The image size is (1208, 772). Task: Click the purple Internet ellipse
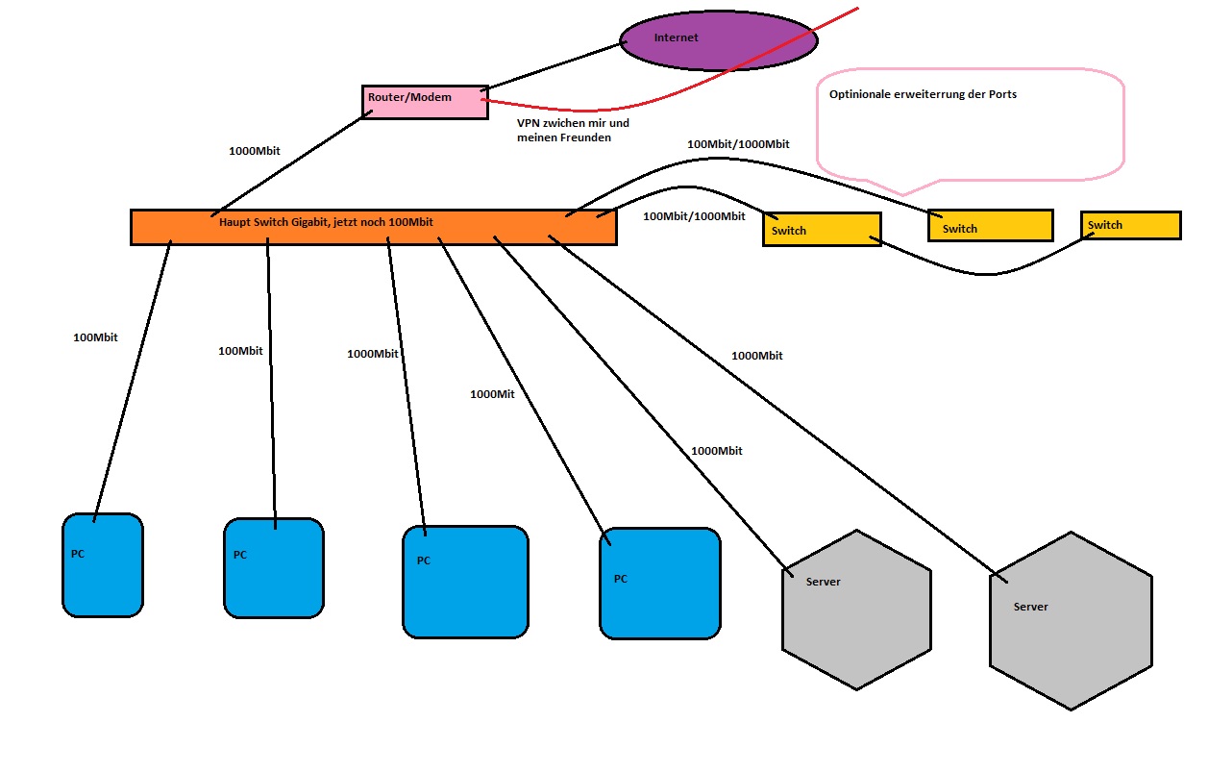718,40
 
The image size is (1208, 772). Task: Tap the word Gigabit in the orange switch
298,222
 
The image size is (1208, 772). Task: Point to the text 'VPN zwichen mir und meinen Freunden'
573,131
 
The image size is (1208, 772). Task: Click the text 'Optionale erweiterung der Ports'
923,95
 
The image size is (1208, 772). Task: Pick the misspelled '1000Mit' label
492,394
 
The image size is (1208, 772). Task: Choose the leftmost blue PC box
103,565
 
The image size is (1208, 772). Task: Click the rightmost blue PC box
659,583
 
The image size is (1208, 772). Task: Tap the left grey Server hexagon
856,609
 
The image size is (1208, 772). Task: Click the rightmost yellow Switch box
1130,225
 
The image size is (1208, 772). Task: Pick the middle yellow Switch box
990,226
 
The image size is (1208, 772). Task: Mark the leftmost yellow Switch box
822,230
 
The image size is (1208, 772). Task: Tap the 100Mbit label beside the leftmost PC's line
95,337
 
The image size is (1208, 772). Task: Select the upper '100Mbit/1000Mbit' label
738,144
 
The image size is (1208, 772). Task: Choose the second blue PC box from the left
274,568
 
